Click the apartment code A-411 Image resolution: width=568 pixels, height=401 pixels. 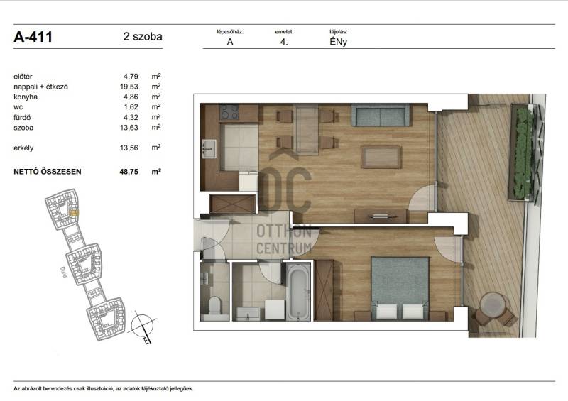point(33,37)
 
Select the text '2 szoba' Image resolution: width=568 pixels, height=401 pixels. point(143,37)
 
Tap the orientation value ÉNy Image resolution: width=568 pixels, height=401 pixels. point(339,42)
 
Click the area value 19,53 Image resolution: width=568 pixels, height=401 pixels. point(129,87)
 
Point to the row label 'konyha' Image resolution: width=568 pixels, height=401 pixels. point(26,97)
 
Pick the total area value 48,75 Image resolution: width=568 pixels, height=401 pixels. point(129,172)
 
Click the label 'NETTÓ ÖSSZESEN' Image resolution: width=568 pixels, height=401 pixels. point(48,172)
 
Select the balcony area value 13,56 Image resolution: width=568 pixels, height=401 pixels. point(129,148)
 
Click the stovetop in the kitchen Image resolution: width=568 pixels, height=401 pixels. point(229,112)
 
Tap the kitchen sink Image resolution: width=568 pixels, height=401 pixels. point(209,149)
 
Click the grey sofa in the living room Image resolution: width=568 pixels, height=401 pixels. point(381,115)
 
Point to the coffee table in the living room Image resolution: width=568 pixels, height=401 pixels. point(381,157)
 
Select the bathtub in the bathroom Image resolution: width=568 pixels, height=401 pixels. point(298,292)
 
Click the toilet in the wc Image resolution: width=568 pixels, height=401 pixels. point(214,307)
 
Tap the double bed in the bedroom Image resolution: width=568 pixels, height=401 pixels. point(400,288)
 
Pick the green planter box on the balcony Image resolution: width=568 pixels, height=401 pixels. point(521,152)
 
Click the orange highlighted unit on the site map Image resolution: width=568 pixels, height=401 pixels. point(74,213)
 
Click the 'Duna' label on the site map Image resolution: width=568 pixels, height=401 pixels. point(64,272)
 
